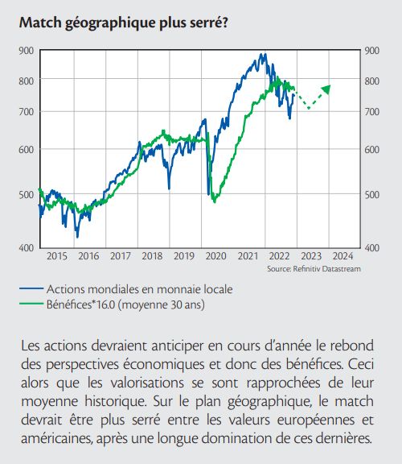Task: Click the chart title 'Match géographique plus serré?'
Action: pyautogui.click(x=124, y=23)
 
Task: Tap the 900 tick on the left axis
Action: pyautogui.click(x=27, y=51)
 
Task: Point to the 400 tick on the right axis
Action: pyautogui.click(x=372, y=247)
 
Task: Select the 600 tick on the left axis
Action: pyautogui.click(x=27, y=150)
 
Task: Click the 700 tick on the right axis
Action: pyautogui.click(x=372, y=112)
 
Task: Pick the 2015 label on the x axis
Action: pyautogui.click(x=57, y=256)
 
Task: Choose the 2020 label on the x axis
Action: pyautogui.click(x=216, y=256)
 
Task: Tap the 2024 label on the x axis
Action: pyautogui.click(x=343, y=256)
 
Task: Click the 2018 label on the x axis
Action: pyautogui.click(x=152, y=256)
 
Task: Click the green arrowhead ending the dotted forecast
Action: pyautogui.click(x=326, y=89)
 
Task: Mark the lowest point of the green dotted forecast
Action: pyautogui.click(x=309, y=108)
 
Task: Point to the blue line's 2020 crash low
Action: pyautogui.click(x=209, y=194)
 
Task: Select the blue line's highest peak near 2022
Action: pyautogui.click(x=261, y=55)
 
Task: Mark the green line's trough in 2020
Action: pyautogui.click(x=215, y=202)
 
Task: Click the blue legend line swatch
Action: pyautogui.click(x=31, y=288)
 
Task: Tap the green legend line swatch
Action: pyautogui.click(x=31, y=304)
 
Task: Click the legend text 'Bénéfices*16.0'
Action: pyautogui.click(x=80, y=304)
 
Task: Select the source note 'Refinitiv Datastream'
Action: pyautogui.click(x=326, y=269)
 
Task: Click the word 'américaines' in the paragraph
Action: pyautogui.click(x=56, y=438)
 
